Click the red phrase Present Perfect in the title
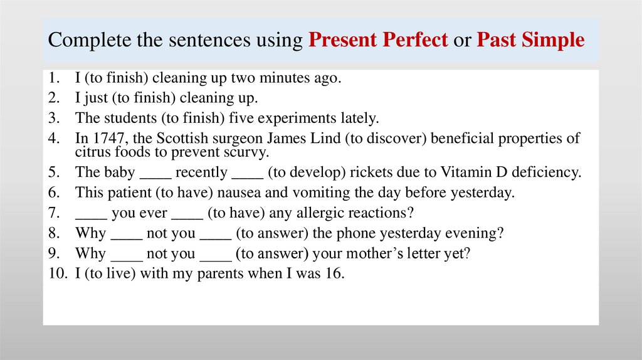pyautogui.click(x=378, y=41)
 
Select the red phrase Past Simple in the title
pyautogui.click(x=530, y=41)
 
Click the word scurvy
pyautogui.click(x=247, y=152)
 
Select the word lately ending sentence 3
pyautogui.click(x=360, y=119)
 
